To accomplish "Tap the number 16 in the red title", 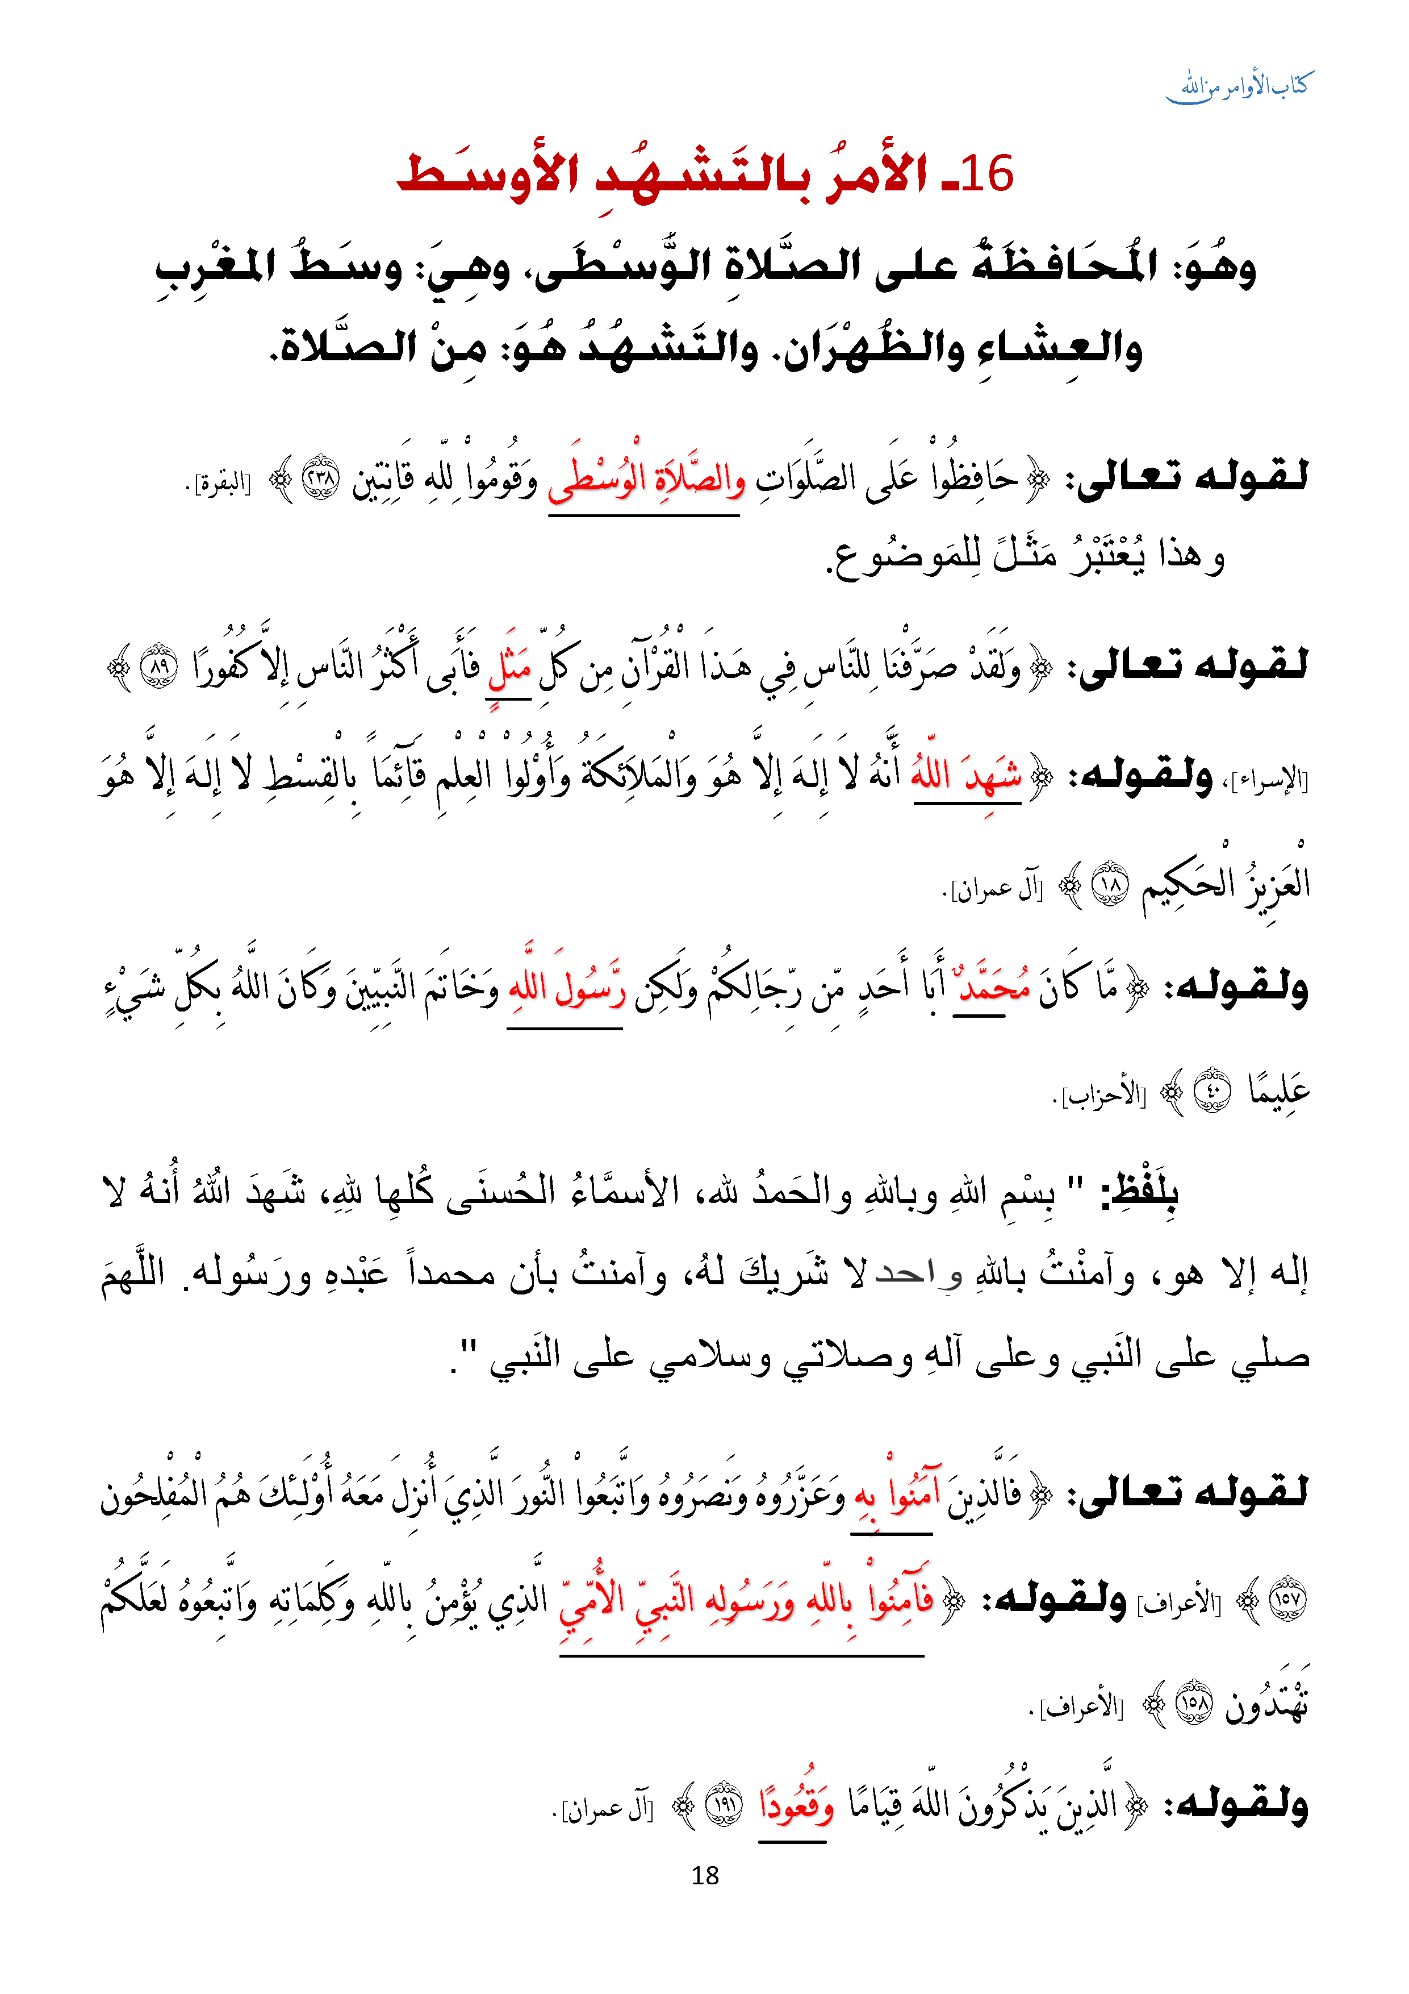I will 987,174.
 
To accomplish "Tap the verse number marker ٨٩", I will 160,668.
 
